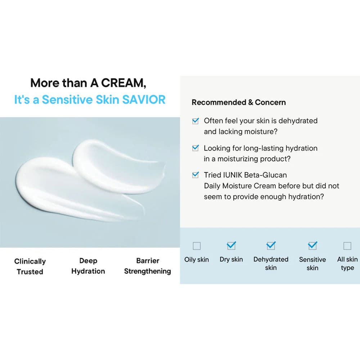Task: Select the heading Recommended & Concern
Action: tap(238, 102)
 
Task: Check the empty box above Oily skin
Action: tap(197, 246)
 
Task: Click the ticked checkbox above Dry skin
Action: tap(231, 246)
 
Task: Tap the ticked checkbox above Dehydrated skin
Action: tap(271, 246)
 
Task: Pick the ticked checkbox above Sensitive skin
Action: tap(312, 246)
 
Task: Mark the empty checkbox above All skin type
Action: tap(347, 246)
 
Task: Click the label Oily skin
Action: tap(197, 259)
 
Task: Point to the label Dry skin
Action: tap(231, 259)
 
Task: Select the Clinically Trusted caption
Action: tap(30, 266)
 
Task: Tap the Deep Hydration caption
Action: tap(88, 266)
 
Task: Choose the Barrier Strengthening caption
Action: tap(148, 266)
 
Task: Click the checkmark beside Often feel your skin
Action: tap(195, 121)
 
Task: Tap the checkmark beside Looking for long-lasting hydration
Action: tap(195, 148)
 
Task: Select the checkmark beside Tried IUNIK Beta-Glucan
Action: tap(195, 175)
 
